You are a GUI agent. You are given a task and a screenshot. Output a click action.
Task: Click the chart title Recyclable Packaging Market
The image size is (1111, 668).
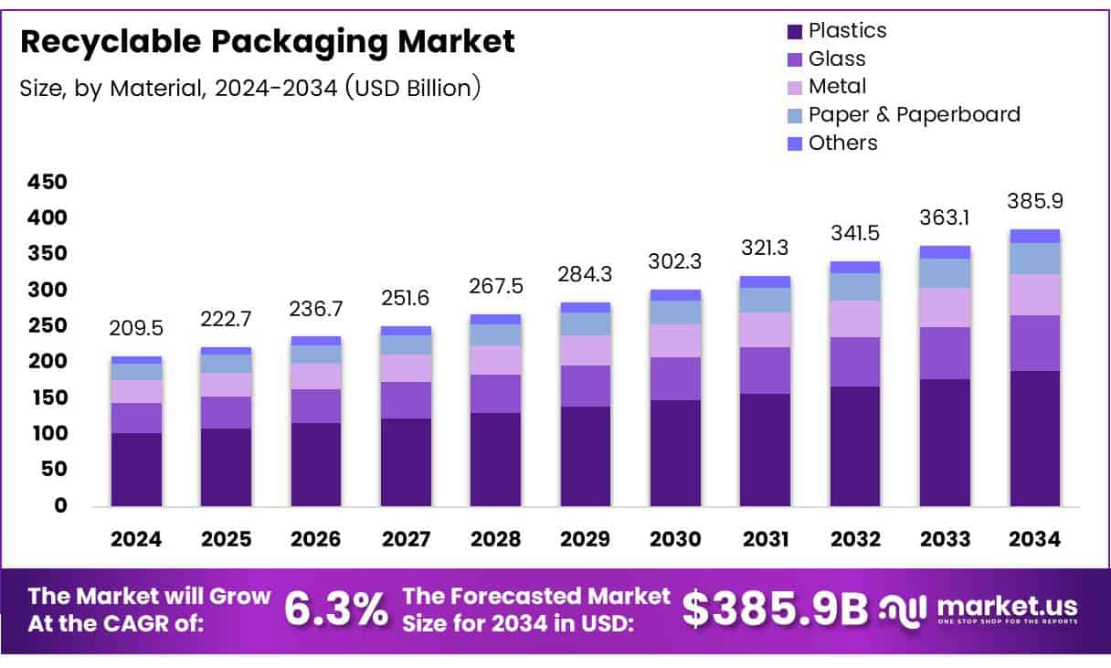[x=267, y=42]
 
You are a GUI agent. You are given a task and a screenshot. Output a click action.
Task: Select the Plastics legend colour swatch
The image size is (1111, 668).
[x=794, y=31]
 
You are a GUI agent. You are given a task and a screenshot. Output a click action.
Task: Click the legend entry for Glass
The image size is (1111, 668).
[x=837, y=58]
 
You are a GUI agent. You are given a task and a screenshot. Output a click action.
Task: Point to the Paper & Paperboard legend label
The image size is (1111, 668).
[x=914, y=114]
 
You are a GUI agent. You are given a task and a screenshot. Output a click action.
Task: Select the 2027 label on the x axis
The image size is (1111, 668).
[x=406, y=539]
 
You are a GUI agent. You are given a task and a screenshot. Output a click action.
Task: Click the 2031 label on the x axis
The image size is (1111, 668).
[x=765, y=539]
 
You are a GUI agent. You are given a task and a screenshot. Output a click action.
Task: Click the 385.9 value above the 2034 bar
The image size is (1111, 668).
[x=1034, y=202]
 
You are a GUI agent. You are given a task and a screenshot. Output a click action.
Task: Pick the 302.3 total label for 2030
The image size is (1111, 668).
[x=675, y=261]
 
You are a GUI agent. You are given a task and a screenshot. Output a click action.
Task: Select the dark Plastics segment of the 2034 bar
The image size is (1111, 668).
[x=1034, y=439]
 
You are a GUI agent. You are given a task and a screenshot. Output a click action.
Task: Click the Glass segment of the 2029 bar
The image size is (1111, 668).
[x=586, y=386]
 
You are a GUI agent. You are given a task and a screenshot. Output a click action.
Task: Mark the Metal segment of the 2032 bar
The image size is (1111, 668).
[x=855, y=319]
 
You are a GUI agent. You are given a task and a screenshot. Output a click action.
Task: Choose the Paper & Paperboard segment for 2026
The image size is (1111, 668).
[x=316, y=355]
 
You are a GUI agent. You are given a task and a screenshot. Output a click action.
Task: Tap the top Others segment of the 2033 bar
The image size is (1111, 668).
[x=945, y=252]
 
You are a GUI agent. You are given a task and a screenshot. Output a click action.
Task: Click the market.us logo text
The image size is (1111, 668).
[x=1006, y=607]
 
